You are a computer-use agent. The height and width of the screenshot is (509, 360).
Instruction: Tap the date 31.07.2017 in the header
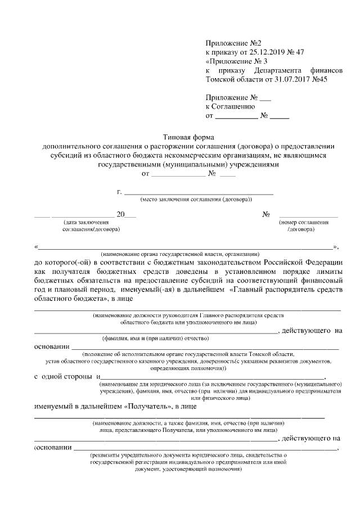pyautogui.click(x=291, y=79)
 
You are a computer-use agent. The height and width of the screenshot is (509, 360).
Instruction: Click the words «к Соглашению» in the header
pyautogui.click(x=231, y=106)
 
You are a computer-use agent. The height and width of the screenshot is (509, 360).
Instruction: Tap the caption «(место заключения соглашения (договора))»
pyautogui.click(x=196, y=200)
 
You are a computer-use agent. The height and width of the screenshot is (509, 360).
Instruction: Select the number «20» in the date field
pyautogui.click(x=120, y=214)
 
